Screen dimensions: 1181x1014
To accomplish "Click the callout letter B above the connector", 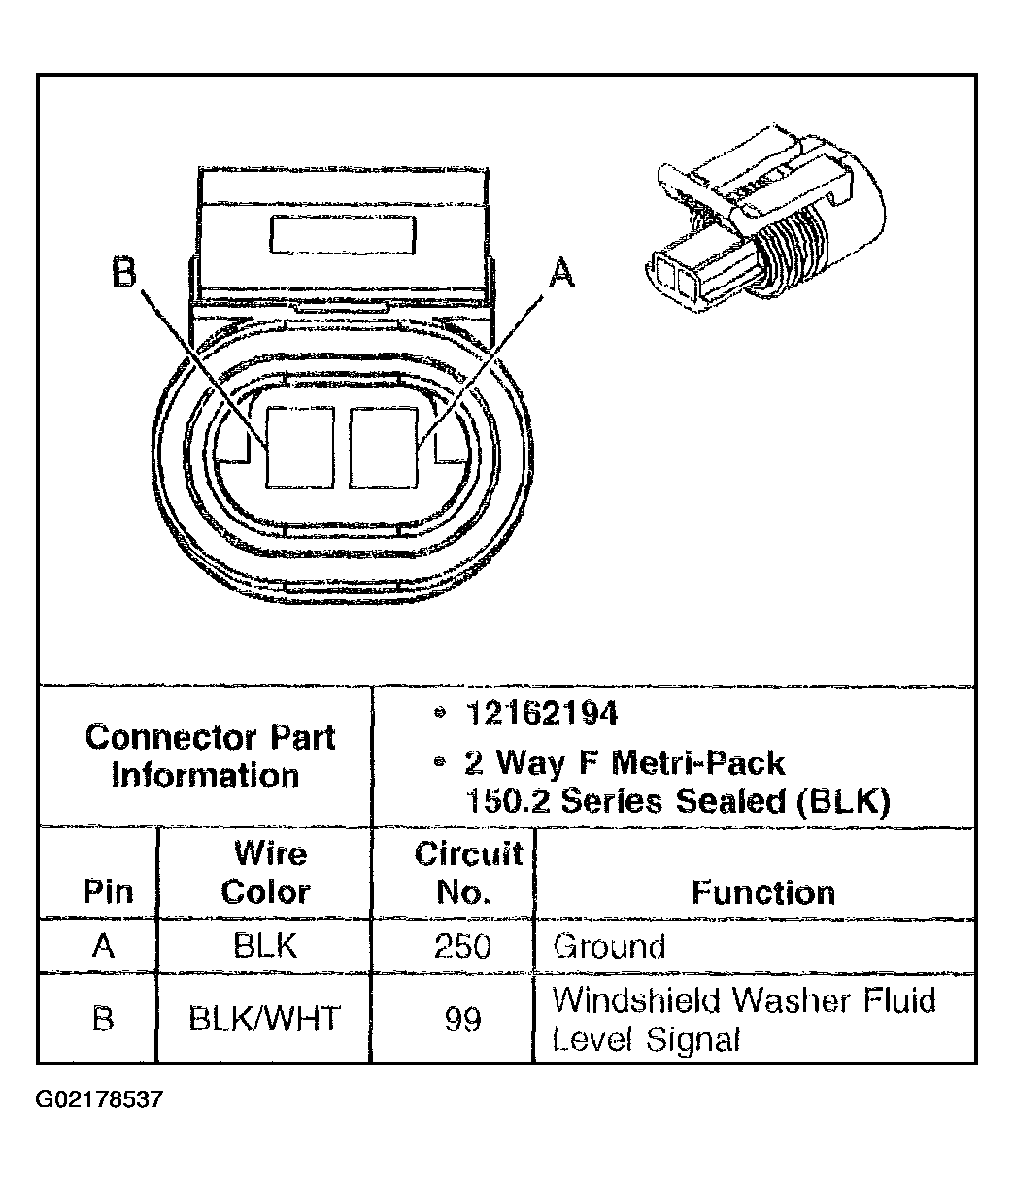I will pyautogui.click(x=123, y=273).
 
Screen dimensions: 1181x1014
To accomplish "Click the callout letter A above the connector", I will pyautogui.click(x=561, y=273).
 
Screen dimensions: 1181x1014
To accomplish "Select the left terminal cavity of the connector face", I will pyautogui.click(x=300, y=446).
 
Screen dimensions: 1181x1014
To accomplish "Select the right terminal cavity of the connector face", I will pyautogui.click(x=384, y=446).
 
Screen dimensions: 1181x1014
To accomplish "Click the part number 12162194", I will pyautogui.click(x=541, y=714).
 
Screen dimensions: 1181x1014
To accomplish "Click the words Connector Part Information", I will pyautogui.click(x=209, y=756).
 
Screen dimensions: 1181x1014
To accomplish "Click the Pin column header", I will pyautogui.click(x=107, y=892).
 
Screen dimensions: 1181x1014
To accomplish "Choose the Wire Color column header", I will pyautogui.click(x=266, y=872).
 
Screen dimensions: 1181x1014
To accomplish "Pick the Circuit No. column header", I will pyautogui.click(x=467, y=872).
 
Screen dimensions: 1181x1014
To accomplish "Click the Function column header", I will pyautogui.click(x=762, y=892).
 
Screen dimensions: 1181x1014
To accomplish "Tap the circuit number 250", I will pyautogui.click(x=463, y=946).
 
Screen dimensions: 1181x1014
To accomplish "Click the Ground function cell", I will pyautogui.click(x=609, y=946).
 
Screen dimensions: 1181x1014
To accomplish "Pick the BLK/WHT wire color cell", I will pyautogui.click(x=264, y=1019).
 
